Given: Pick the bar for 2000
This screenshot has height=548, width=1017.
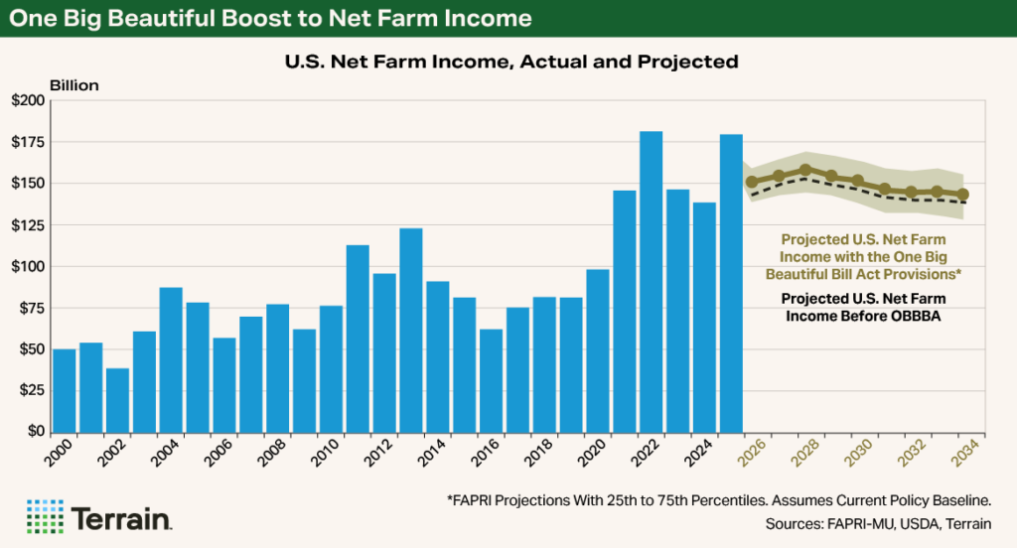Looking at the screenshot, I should tap(65, 390).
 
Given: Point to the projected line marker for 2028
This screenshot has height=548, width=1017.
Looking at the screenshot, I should tap(805, 170).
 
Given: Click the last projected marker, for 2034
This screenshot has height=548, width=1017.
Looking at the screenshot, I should tap(963, 195).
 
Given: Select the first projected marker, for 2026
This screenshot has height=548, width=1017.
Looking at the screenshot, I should tap(752, 182).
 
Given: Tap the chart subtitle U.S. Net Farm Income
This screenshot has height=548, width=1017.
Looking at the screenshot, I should tap(510, 62).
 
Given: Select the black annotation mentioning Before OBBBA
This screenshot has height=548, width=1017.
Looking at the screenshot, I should tap(862, 307).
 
